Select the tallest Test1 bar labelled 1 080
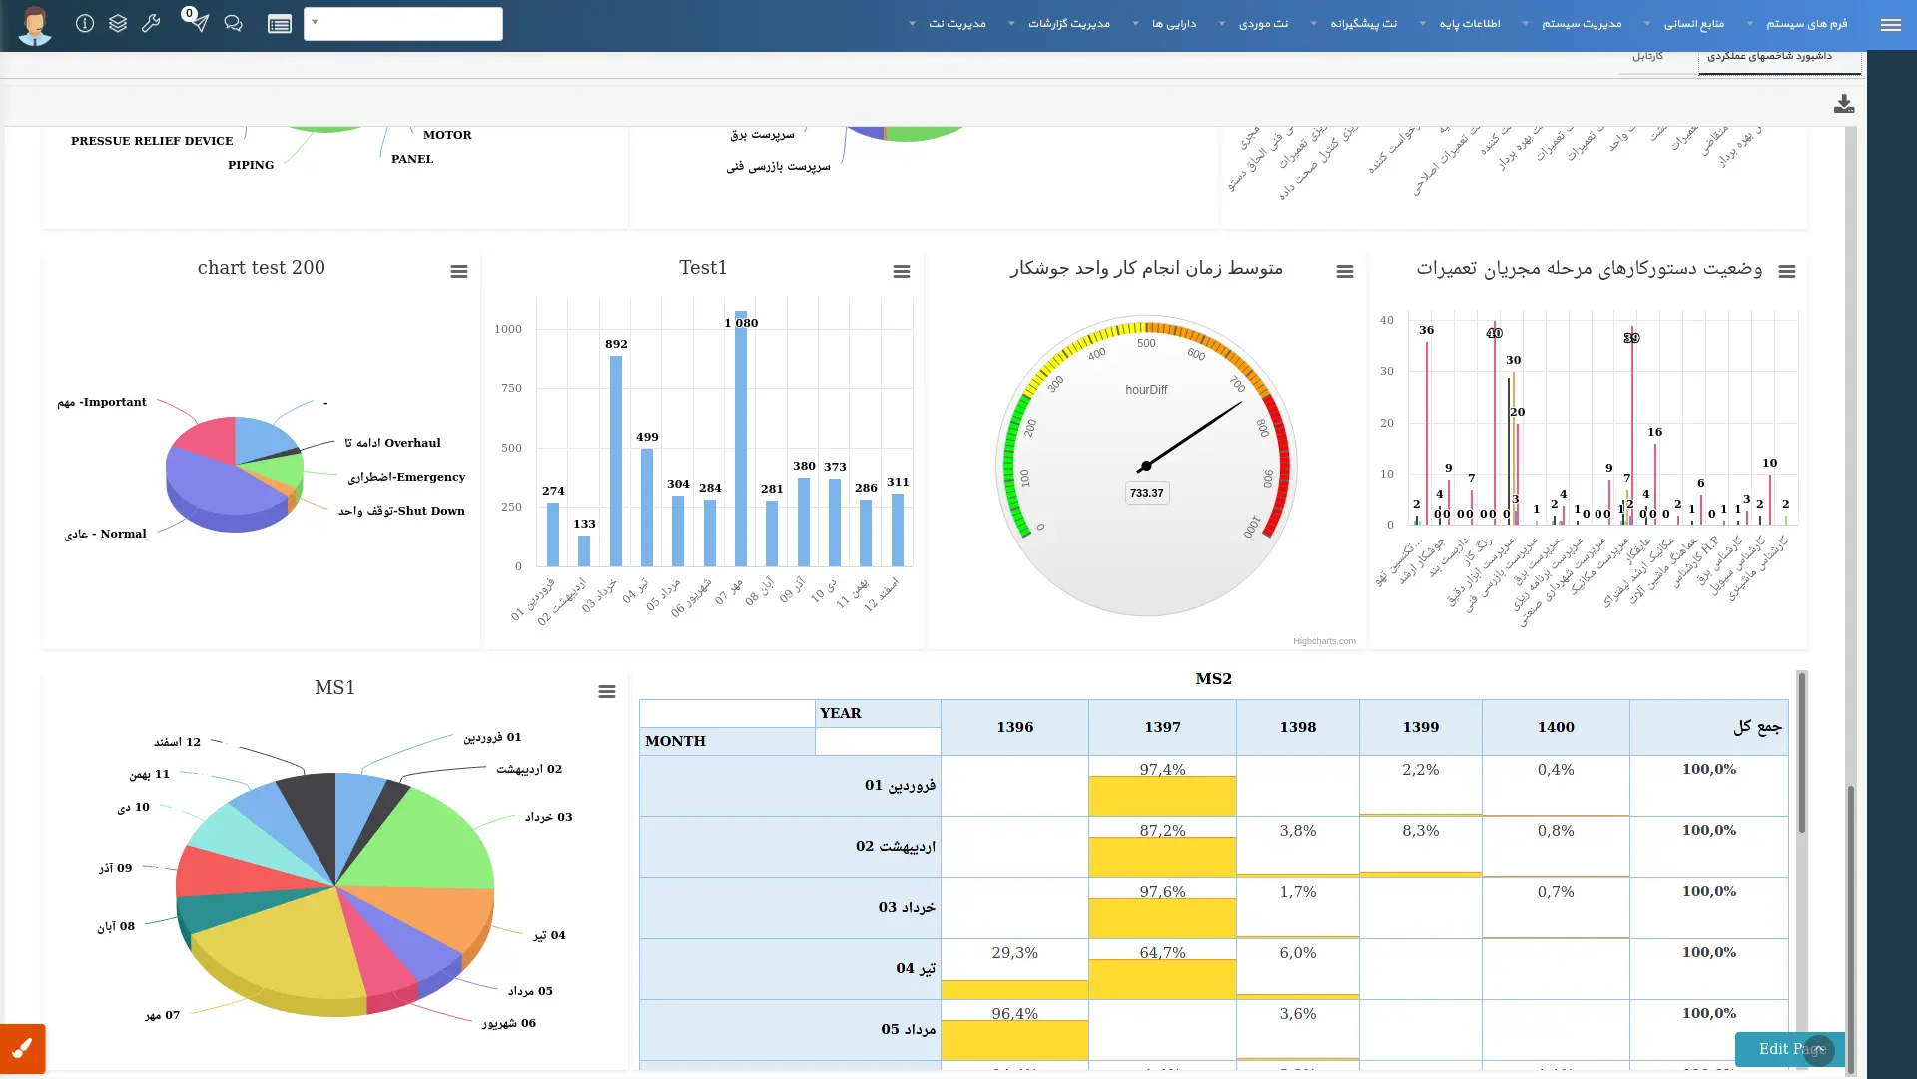740,440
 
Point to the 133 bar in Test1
584,550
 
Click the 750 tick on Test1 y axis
511,388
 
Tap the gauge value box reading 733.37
1146,493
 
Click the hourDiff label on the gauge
1146,390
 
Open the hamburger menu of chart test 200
459,272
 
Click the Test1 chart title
703,268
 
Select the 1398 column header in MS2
1297,727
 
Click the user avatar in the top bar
35,25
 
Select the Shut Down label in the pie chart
401,511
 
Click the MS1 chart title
334,688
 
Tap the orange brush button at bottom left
22,1049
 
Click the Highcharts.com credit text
1324,641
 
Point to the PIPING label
251,165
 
